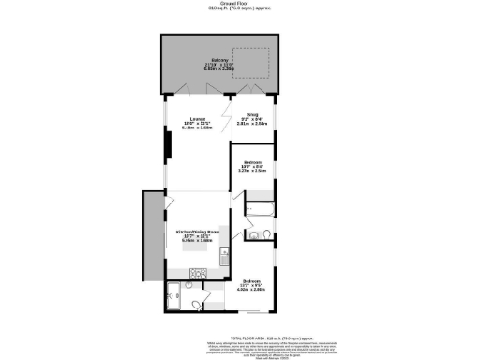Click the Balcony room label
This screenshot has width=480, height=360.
(x=221, y=63)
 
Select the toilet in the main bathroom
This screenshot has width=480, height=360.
(x=266, y=233)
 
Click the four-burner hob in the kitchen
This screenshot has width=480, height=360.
(x=199, y=272)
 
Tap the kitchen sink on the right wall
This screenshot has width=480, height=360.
(x=222, y=254)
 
